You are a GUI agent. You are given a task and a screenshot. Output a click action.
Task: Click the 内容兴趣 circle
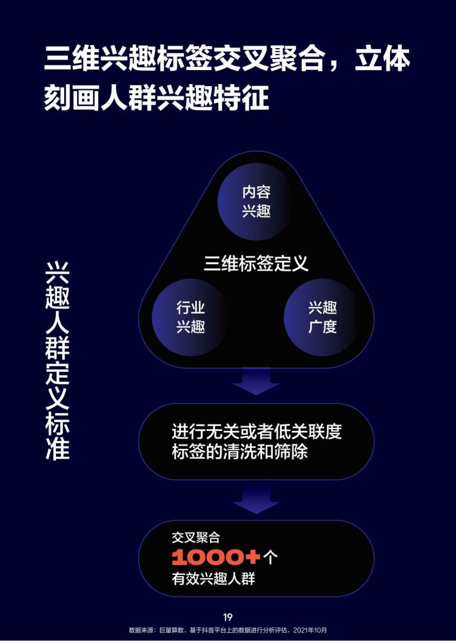click(x=256, y=202)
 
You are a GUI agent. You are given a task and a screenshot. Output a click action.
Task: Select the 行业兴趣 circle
click(x=190, y=317)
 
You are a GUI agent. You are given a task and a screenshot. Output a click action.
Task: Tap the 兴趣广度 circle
click(x=322, y=317)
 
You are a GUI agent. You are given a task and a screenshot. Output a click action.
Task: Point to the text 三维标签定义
click(x=256, y=263)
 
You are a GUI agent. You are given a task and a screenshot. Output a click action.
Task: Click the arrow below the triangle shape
click(x=256, y=381)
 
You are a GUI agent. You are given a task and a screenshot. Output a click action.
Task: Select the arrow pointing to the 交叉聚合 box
click(x=256, y=499)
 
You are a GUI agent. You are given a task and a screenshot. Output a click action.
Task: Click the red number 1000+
click(x=216, y=557)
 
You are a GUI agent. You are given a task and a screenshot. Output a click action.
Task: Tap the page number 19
click(x=227, y=617)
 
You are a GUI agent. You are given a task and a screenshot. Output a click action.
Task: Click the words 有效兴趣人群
click(x=213, y=579)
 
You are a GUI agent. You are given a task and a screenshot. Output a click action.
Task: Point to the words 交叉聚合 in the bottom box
click(x=196, y=537)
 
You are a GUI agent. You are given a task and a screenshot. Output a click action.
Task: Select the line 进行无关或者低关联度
click(x=257, y=432)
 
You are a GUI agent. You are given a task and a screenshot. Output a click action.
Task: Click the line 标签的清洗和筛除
click(x=240, y=452)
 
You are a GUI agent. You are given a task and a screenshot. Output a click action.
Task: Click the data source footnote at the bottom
click(x=228, y=630)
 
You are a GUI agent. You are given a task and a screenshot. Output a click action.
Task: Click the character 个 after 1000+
click(x=270, y=558)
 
